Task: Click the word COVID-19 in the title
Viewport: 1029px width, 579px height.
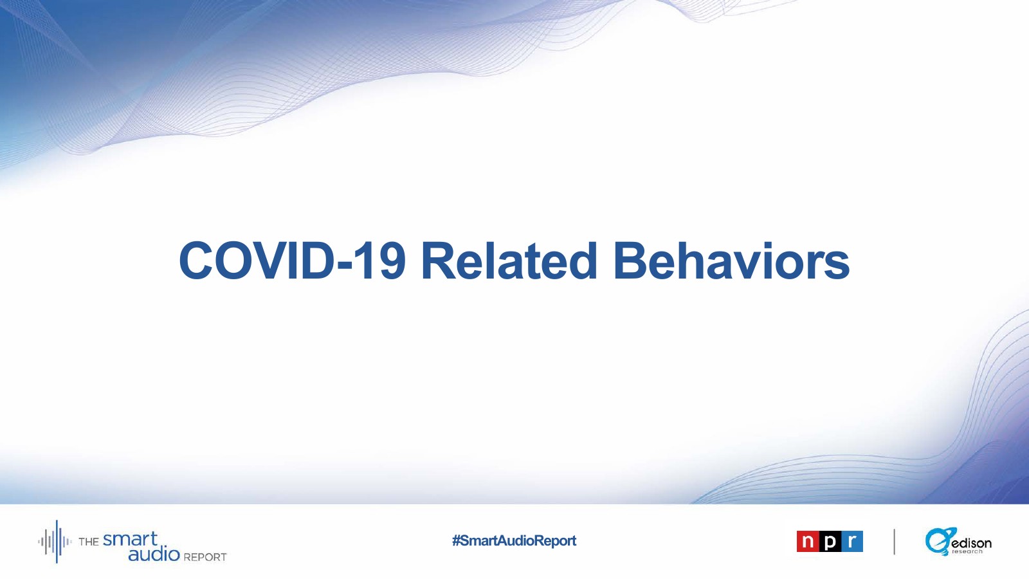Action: click(x=292, y=261)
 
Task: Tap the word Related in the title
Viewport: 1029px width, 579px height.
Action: click(x=509, y=261)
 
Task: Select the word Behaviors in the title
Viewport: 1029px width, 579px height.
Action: click(x=731, y=261)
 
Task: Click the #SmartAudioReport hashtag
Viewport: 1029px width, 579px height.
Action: click(x=514, y=541)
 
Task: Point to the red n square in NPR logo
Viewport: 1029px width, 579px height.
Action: click(x=808, y=541)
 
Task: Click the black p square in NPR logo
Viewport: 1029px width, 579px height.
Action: click(x=830, y=541)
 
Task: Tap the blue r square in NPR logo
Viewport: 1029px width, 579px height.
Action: click(x=852, y=541)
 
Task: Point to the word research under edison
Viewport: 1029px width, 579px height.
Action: click(x=967, y=552)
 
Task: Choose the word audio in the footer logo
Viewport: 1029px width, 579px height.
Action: click(x=154, y=555)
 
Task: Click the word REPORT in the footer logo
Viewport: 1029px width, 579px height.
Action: click(x=205, y=557)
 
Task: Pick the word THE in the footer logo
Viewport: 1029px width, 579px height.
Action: click(x=89, y=542)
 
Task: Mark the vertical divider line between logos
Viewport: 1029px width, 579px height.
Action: click(x=895, y=542)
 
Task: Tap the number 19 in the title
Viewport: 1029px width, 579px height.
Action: click(x=381, y=261)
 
